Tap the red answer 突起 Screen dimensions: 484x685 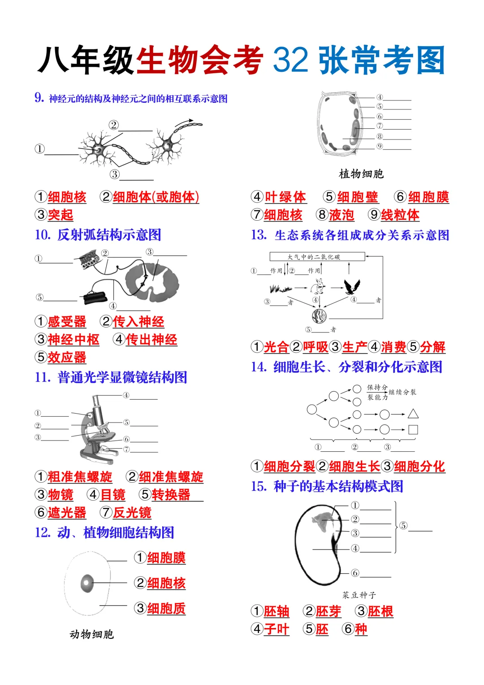(x=60, y=215)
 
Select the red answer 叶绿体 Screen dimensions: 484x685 (x=285, y=197)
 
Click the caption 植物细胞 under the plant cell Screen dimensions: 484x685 (x=361, y=174)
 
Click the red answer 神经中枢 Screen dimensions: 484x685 (x=73, y=340)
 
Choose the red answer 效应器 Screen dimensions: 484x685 (x=67, y=358)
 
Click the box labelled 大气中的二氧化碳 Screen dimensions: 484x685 (x=317, y=257)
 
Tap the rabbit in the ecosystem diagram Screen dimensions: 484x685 (x=319, y=286)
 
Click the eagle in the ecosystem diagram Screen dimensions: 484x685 (x=352, y=286)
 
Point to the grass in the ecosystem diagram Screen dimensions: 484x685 (x=281, y=288)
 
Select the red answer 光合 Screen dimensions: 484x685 (x=276, y=347)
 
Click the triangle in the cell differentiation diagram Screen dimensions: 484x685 (x=413, y=414)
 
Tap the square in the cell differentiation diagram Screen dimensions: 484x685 (x=413, y=430)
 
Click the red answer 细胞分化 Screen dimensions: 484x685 (x=419, y=467)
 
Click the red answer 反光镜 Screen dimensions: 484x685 (x=132, y=513)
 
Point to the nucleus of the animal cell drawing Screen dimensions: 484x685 (x=87, y=583)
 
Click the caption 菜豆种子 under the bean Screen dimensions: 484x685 (x=359, y=595)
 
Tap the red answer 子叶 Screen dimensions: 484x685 (x=276, y=629)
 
